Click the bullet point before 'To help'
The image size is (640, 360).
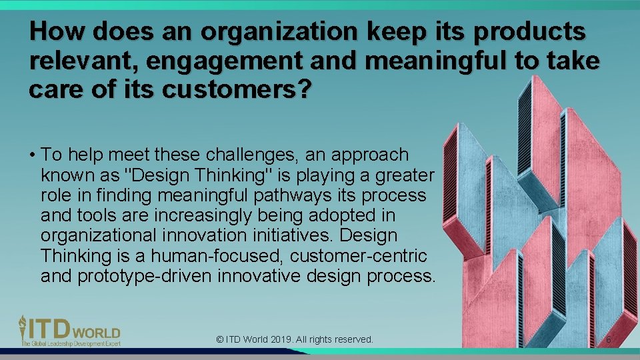tap(33, 155)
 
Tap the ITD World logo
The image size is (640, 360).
tap(69, 330)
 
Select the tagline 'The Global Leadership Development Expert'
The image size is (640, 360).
tap(69, 343)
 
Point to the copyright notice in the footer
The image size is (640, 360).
tap(295, 339)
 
